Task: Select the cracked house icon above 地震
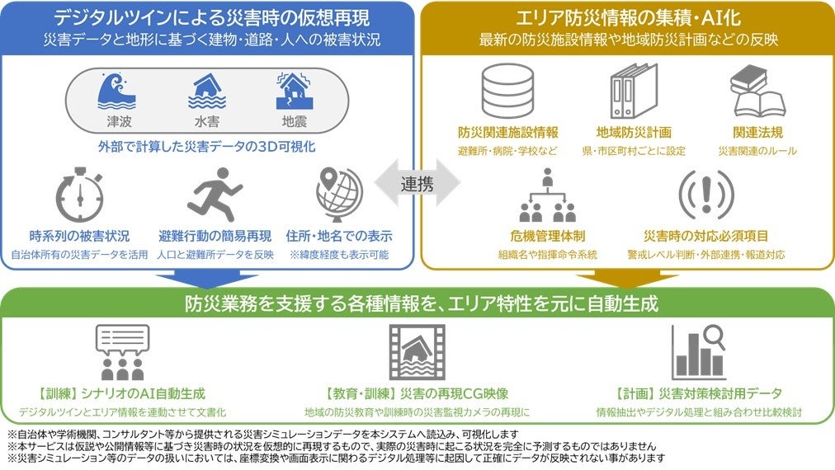pyautogui.click(x=293, y=92)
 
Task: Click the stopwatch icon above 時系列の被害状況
pyautogui.click(x=80, y=196)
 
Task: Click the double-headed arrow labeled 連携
pyautogui.click(x=417, y=184)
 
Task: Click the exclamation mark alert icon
pyautogui.click(x=705, y=195)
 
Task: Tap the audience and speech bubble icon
pyautogui.click(x=123, y=352)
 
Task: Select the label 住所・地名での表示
pyautogui.click(x=338, y=236)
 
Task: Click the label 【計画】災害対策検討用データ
pyautogui.click(x=698, y=393)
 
